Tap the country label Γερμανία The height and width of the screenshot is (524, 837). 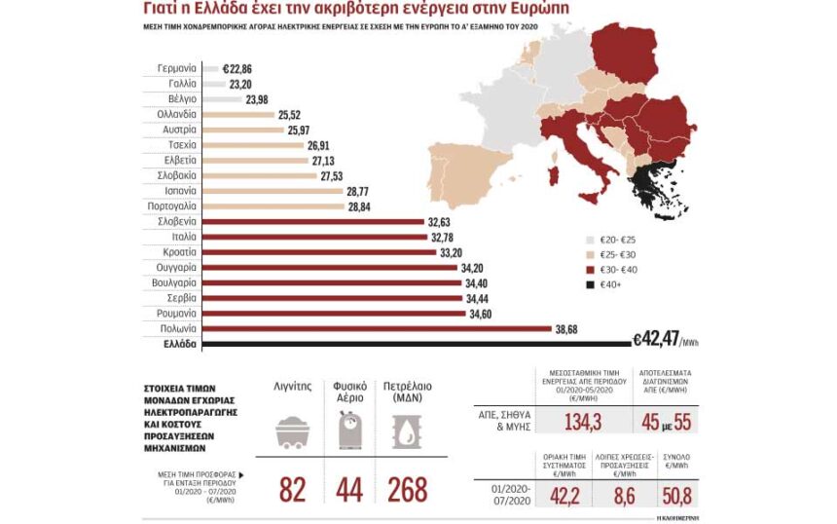pyautogui.click(x=177, y=69)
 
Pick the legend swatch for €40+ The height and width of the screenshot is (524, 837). pyautogui.click(x=591, y=284)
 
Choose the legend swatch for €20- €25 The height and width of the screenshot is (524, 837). pyautogui.click(x=591, y=239)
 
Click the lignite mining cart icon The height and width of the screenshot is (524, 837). pyautogui.click(x=292, y=430)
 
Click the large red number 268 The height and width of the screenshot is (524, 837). pyautogui.click(x=407, y=489)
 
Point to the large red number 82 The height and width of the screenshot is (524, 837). pyautogui.click(x=292, y=489)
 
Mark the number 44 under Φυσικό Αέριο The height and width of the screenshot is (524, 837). pyautogui.click(x=349, y=489)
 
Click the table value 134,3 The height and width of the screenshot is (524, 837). pyautogui.click(x=580, y=420)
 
